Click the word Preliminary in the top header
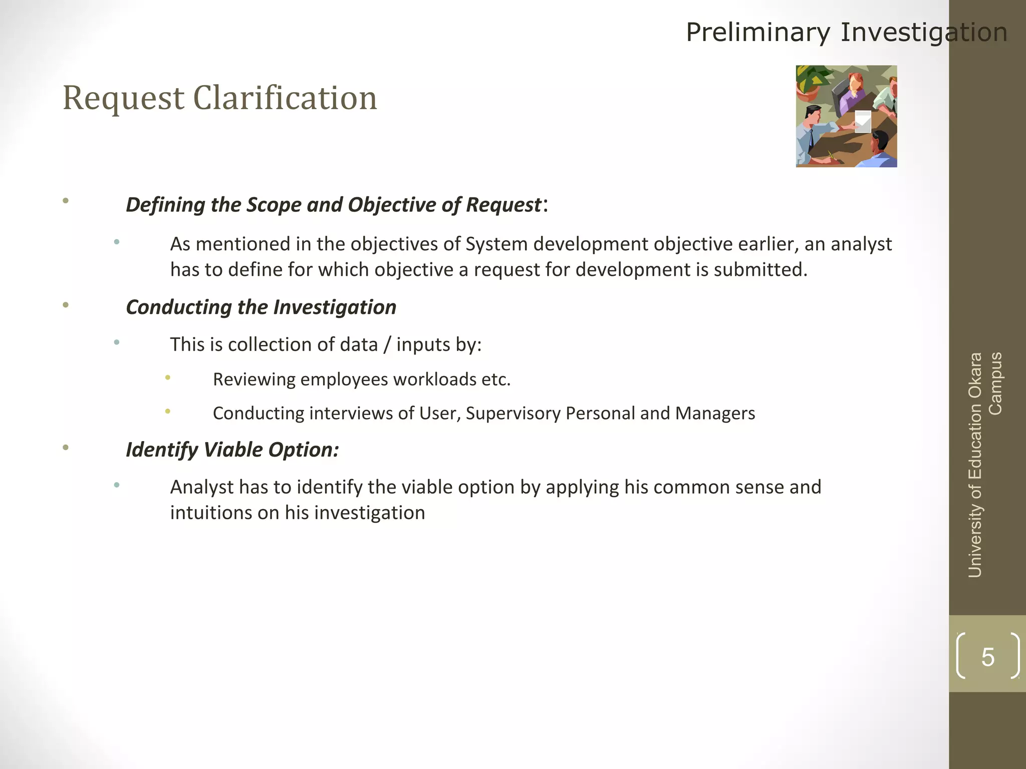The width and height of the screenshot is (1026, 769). [x=757, y=33]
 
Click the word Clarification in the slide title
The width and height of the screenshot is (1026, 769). [x=285, y=98]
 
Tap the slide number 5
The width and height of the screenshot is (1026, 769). [x=987, y=657]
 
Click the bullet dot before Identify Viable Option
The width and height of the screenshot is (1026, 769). [x=66, y=448]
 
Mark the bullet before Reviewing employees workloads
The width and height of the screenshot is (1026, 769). [x=168, y=377]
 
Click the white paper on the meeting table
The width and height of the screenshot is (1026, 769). [x=863, y=121]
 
